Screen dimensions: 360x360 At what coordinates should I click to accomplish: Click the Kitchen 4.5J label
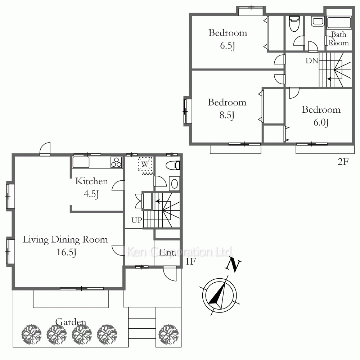pos(91,187)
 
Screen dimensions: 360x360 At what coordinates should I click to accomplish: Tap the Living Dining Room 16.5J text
pos(65,246)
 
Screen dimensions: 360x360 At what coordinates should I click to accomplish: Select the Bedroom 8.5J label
pos(227,108)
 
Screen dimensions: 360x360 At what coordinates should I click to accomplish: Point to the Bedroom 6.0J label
pos(321,116)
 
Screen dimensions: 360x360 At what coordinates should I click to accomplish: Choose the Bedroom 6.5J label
pos(228,39)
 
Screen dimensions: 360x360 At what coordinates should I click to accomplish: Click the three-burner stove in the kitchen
pos(116,162)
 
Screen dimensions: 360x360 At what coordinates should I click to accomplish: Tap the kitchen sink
pos(81,162)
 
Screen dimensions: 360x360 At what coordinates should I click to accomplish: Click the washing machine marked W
pos(145,164)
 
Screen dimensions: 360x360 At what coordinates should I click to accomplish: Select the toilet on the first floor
pos(173,165)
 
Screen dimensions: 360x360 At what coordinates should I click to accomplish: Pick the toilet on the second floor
pos(294,23)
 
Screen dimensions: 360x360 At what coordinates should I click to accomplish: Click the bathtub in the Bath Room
pos(339,22)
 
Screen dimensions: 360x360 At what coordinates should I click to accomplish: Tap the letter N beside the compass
pos(233,265)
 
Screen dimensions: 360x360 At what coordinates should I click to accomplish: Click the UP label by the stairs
pos(137,220)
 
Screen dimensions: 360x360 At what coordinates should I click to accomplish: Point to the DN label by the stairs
pos(312,61)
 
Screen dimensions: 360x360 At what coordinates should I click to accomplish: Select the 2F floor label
pos(343,162)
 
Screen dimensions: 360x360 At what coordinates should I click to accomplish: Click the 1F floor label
pos(190,261)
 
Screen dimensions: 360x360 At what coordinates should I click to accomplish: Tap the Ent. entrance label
pos(168,253)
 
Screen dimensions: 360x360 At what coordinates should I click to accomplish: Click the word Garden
pos(71,322)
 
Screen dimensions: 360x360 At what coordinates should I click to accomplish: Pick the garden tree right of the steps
pos(168,334)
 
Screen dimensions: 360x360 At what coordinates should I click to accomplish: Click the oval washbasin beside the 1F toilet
pos(175,184)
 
